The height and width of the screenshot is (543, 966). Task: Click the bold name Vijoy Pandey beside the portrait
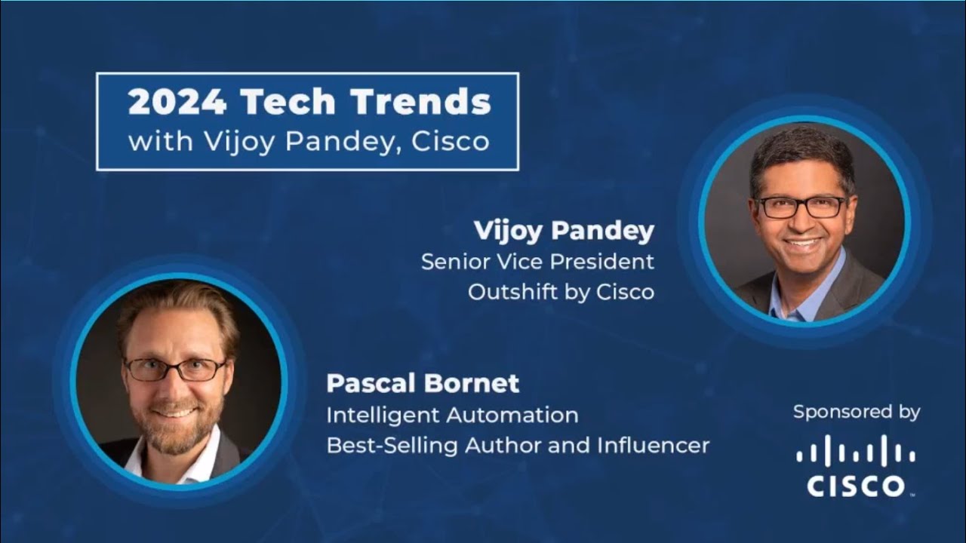click(x=563, y=232)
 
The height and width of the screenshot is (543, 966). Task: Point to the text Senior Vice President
click(x=537, y=262)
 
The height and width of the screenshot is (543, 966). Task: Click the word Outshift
click(x=512, y=292)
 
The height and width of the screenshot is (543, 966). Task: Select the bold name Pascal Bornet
click(x=423, y=383)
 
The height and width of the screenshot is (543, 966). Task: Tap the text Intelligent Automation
click(x=452, y=415)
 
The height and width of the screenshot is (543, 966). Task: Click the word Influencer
click(x=653, y=445)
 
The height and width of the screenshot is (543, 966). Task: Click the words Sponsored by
click(x=857, y=412)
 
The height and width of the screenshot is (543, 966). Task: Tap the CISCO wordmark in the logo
click(x=856, y=486)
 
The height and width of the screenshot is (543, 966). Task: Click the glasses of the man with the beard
click(x=175, y=369)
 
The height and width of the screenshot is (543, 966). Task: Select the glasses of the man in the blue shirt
click(x=801, y=206)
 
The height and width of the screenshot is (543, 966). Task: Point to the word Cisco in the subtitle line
click(x=451, y=141)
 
